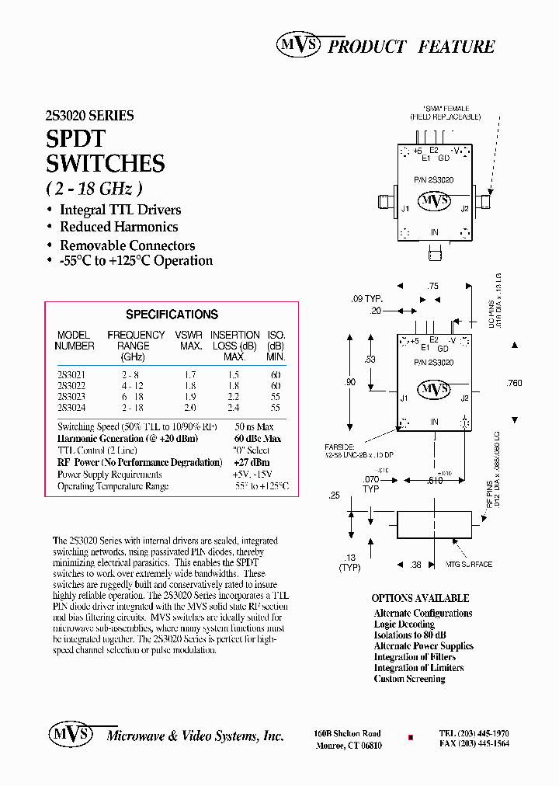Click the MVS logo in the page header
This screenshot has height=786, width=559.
(x=298, y=46)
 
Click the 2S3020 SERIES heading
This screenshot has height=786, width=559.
(x=89, y=116)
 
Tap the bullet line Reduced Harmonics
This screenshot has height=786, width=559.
(x=119, y=227)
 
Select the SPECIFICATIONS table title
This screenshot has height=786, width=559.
(x=172, y=315)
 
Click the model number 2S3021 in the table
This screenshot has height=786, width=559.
(x=72, y=374)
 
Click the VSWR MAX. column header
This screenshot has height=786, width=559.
(x=191, y=340)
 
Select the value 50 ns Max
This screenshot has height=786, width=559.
(x=254, y=427)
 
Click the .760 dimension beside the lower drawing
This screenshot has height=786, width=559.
(x=513, y=383)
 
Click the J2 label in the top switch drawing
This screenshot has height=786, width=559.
(x=464, y=208)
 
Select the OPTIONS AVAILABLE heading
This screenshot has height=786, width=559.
(x=420, y=598)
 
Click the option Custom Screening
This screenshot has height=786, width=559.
(x=409, y=679)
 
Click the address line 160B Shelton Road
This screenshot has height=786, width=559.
(x=347, y=733)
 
